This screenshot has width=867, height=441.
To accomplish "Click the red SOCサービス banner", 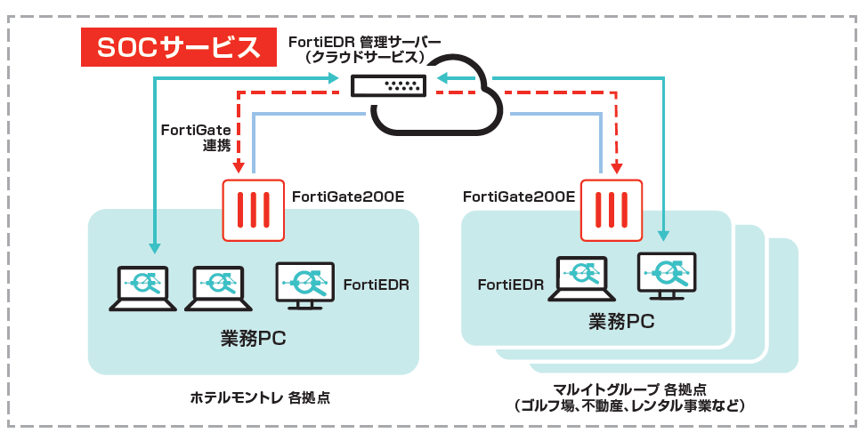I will click(176, 47).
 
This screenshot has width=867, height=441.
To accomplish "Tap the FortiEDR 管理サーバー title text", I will click(364, 42).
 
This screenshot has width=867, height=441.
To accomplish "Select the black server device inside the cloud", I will click(389, 85).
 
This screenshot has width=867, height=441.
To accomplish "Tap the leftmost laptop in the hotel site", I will click(142, 286).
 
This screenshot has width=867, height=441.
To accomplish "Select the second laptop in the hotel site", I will click(218, 286).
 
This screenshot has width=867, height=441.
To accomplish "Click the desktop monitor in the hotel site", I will click(304, 285).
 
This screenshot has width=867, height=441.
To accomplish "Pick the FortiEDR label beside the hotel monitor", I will click(376, 285).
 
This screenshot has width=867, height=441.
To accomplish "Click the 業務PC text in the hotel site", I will click(253, 338).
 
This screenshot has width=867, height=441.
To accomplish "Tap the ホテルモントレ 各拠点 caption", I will click(260, 397).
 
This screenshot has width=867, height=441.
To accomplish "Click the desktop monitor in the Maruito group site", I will click(667, 277).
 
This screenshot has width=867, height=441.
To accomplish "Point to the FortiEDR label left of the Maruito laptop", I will click(510, 285).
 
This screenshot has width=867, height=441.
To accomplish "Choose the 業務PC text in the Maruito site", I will click(621, 322).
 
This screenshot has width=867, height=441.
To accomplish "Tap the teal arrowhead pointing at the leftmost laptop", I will click(155, 246).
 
